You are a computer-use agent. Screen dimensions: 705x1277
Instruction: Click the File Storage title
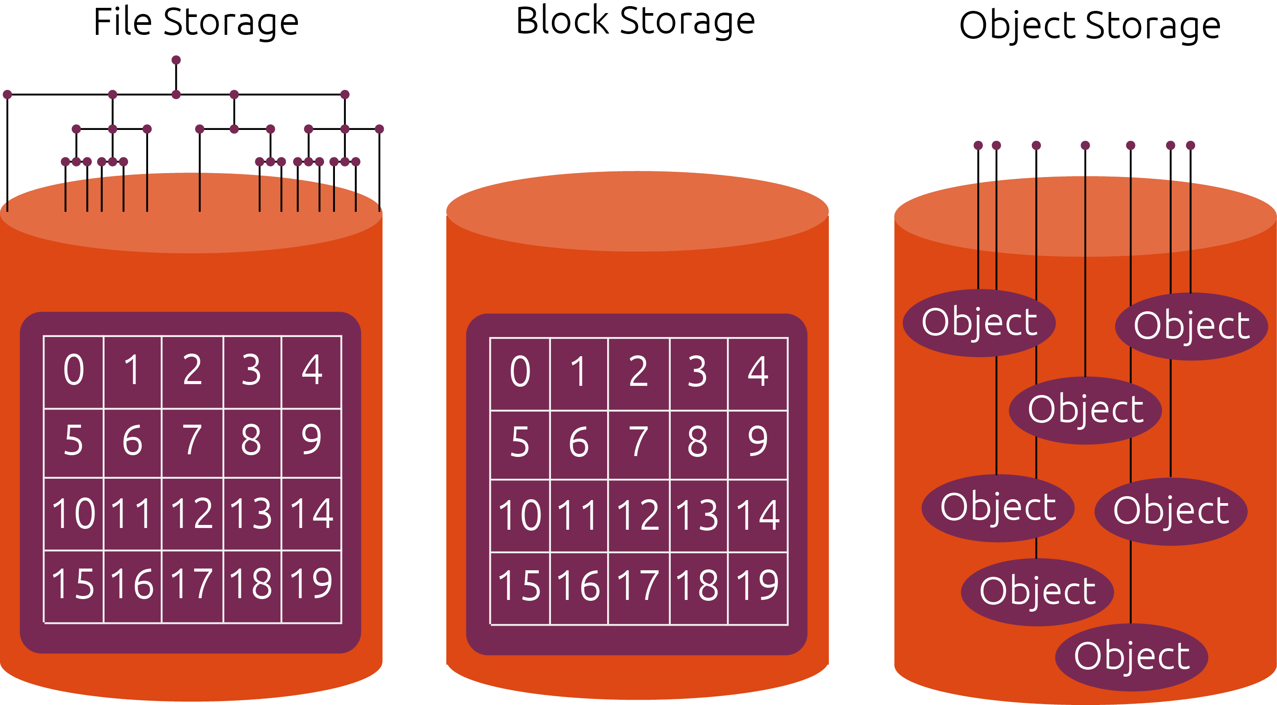(x=196, y=23)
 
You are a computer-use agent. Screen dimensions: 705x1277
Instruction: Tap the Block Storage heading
(x=635, y=21)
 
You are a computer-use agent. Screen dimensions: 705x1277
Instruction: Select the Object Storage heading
(x=1089, y=25)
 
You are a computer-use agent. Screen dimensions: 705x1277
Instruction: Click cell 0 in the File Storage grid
(x=73, y=371)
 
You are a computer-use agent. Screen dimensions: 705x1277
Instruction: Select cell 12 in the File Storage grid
(x=193, y=513)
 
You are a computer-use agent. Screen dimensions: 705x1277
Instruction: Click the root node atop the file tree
(x=176, y=60)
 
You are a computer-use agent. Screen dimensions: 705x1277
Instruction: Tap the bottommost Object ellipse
(x=1132, y=657)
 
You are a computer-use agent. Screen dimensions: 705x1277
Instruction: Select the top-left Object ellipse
(x=979, y=323)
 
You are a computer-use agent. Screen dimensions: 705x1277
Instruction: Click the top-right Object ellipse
(x=1191, y=326)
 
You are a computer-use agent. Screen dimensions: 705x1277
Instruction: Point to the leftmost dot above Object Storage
(x=978, y=145)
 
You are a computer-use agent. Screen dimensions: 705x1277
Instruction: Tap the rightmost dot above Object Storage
(x=1191, y=145)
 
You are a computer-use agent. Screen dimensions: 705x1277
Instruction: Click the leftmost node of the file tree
(x=7, y=94)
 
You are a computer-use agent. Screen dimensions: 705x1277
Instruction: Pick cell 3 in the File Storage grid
(x=252, y=371)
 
